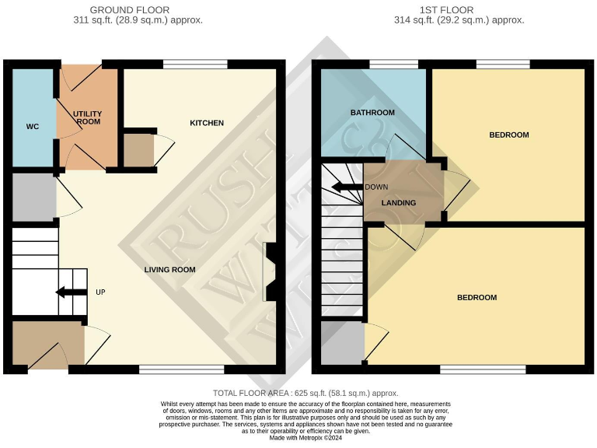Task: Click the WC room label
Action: pyautogui.click(x=33, y=127)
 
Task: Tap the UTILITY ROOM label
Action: pyautogui.click(x=88, y=118)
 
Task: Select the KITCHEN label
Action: pyautogui.click(x=207, y=123)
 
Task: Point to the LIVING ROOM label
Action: pyautogui.click(x=169, y=270)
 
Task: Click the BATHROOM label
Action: pyautogui.click(x=372, y=113)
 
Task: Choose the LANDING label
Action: pyautogui.click(x=400, y=203)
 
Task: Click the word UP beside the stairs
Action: pyautogui.click(x=100, y=292)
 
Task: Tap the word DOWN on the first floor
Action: pyautogui.click(x=376, y=187)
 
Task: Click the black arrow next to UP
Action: pyautogui.click(x=71, y=292)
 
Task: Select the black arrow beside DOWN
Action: pyautogui.click(x=347, y=187)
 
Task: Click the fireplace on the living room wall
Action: pyautogui.click(x=270, y=271)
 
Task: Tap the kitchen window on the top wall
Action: pyautogui.click(x=184, y=65)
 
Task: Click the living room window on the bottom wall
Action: pyautogui.click(x=181, y=369)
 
